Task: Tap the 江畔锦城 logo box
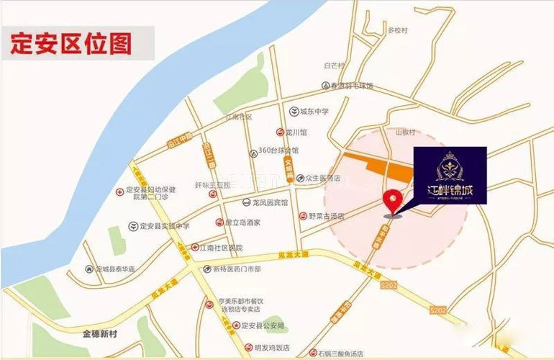tap(450, 175)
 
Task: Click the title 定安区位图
tap(71, 43)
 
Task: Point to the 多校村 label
tap(398, 30)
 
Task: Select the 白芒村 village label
tap(335, 66)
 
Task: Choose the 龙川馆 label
tap(296, 132)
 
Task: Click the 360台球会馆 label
tap(278, 151)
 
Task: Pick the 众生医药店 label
tap(322, 178)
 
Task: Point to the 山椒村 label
tap(406, 132)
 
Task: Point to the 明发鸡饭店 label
tap(274, 346)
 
